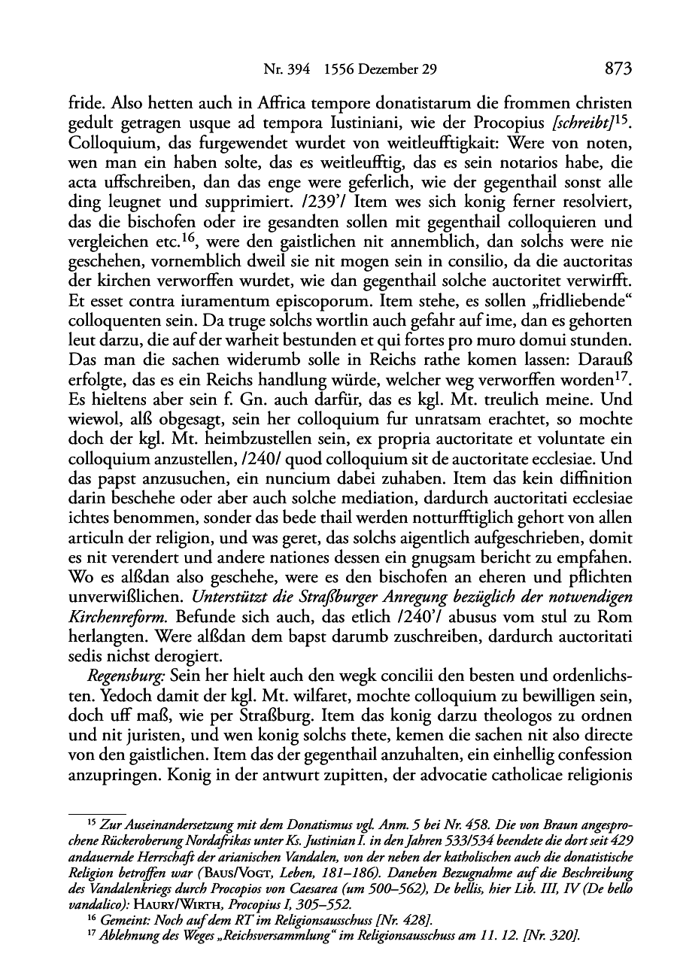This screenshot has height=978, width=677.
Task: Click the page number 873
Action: pyautogui.click(x=616, y=70)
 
